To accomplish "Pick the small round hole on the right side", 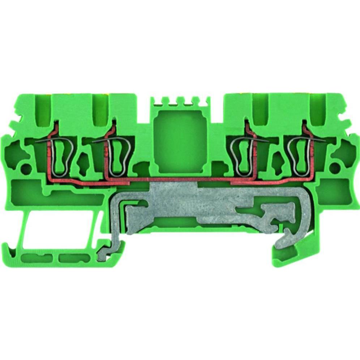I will tap(335, 167).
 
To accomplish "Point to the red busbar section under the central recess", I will tap(180, 179).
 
